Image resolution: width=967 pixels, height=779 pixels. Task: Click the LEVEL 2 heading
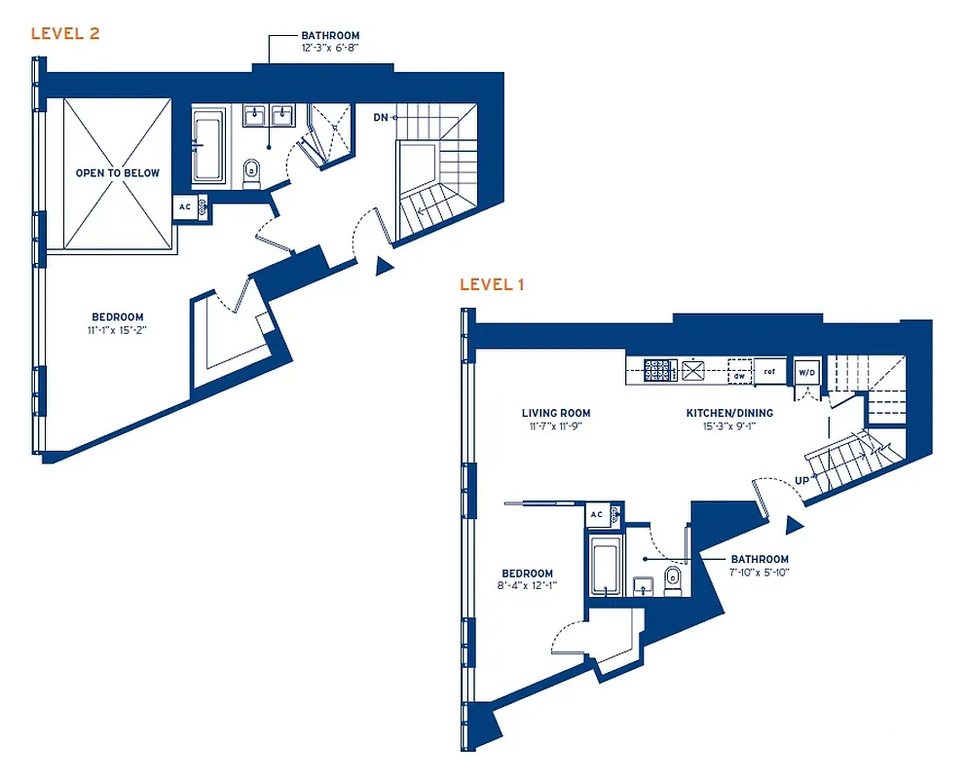65,34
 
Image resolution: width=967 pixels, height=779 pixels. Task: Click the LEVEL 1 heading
493,284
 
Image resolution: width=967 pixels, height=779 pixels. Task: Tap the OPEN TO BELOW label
118,172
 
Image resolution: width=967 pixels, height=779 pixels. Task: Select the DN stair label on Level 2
381,118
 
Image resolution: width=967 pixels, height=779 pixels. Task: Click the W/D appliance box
806,372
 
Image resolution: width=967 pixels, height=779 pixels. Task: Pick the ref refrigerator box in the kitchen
769,372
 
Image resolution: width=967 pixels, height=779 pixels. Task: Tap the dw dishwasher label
739,373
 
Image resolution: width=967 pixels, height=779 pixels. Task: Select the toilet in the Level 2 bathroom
251,172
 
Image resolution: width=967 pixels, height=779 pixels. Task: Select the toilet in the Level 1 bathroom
670,581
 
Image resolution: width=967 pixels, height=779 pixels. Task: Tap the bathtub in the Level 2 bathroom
206,146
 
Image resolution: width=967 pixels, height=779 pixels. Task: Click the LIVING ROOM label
556,413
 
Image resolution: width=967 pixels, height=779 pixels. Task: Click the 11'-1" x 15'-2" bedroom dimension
118,330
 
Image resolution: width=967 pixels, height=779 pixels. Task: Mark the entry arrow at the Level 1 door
794,526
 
